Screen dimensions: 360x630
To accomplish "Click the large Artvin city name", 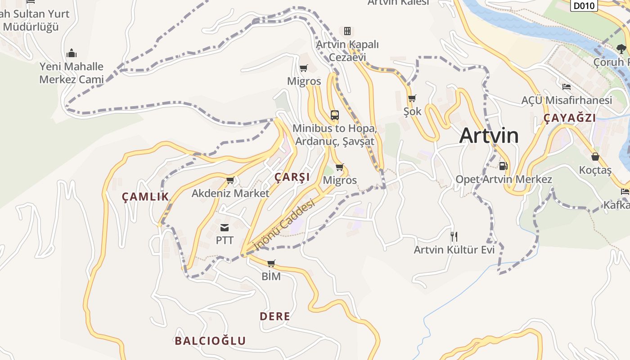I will [489, 135].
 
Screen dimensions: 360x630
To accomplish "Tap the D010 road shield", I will [585, 5].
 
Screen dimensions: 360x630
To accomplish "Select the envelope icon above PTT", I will [225, 228].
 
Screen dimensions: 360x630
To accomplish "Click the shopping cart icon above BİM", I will [271, 263].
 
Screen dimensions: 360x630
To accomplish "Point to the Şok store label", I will [412, 111].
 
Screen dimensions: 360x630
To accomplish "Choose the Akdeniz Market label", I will [230, 193].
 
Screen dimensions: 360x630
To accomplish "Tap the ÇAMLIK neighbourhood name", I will [145, 197].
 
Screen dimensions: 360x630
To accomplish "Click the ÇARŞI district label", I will [292, 177].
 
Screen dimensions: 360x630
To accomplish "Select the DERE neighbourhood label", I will [275, 316].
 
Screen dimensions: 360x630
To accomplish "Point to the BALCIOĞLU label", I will [210, 341].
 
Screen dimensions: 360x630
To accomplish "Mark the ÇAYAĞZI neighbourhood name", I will [570, 118].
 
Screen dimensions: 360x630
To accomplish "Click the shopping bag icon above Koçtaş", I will [595, 157].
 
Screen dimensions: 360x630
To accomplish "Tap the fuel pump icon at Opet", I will [504, 166].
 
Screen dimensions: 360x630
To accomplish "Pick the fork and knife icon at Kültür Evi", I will [454, 236].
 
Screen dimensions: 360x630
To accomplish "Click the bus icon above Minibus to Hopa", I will [334, 115].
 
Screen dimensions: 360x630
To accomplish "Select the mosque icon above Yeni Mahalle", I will [71, 54].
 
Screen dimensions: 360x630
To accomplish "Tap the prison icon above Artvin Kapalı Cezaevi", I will [347, 31].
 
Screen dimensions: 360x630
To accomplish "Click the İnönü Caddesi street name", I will [284, 224].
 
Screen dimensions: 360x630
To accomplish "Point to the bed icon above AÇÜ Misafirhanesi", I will [567, 87].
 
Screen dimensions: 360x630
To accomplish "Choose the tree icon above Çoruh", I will [621, 49].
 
